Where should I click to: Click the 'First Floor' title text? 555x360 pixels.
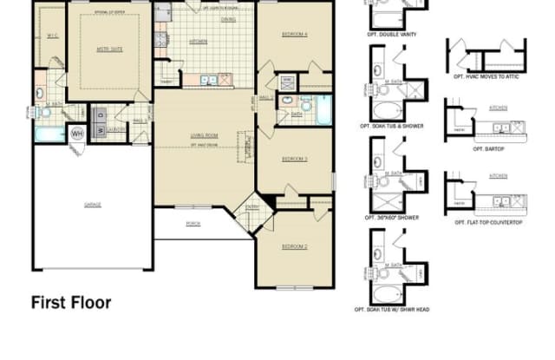coord(71,303)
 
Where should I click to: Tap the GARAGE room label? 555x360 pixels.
coord(93,205)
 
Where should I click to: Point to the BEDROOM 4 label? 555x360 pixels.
coord(294,34)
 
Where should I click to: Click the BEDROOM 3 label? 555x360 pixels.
coord(294,159)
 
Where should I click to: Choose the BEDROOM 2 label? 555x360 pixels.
coord(294,247)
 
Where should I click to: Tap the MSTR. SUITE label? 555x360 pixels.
coord(108,49)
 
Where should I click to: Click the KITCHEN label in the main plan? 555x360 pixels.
coord(198,41)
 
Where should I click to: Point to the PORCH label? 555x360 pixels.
coord(193,223)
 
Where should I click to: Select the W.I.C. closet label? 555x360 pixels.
coord(51,35)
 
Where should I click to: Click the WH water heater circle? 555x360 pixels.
coord(76,134)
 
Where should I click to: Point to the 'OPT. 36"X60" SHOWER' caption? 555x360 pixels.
coord(393,217)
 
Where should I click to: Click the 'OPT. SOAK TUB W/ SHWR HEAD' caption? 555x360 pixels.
coord(393,309)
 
